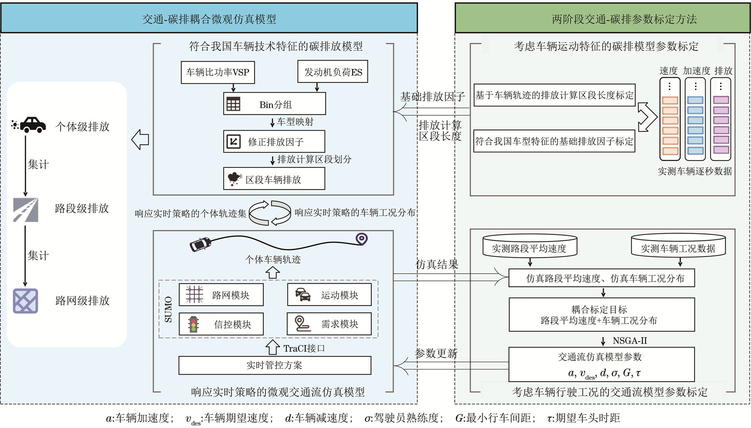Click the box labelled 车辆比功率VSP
pyautogui.click(x=217, y=73)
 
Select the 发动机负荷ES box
pyautogui.click(x=333, y=72)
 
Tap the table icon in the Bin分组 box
pyautogui.click(x=233, y=104)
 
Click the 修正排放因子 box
pyautogui.click(x=274, y=142)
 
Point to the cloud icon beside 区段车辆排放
pyautogui.click(x=234, y=179)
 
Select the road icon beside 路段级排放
pyautogui.click(x=26, y=210)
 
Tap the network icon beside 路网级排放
pyautogui.click(x=26, y=301)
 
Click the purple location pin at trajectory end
pyautogui.click(x=361, y=239)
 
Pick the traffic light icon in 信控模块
pyautogui.click(x=193, y=324)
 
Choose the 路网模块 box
pyautogui.click(x=221, y=295)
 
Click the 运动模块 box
pyautogui.click(x=329, y=295)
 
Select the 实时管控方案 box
pyautogui.click(x=274, y=366)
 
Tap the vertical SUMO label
pyautogui.click(x=168, y=310)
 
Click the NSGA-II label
pyautogui.click(x=630, y=341)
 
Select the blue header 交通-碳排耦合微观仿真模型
pyautogui.click(x=209, y=19)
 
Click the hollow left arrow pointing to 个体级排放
pyautogui.click(x=140, y=139)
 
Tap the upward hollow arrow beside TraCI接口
pyautogui.click(x=272, y=347)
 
